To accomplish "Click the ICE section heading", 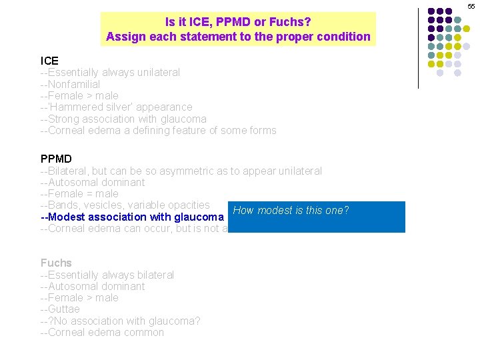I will point(49,61).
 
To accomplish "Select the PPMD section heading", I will point(56,159).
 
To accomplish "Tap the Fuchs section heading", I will point(56,263).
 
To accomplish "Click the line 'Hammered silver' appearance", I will point(117,107).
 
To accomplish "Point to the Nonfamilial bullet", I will point(71,84).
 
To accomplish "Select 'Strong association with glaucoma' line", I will point(124,119).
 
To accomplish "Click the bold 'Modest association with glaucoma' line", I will point(131,217).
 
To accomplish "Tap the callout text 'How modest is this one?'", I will point(291,211).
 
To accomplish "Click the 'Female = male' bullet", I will point(79,193).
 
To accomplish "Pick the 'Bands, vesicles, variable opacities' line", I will point(125,205).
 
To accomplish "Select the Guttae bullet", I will point(60,309).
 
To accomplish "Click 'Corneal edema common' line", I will point(102,333).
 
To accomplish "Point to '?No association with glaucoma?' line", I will point(121,321).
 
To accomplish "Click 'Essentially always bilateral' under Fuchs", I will point(107,275).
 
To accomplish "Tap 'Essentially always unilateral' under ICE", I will point(110,72).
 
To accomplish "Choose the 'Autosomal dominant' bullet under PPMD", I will point(93,182).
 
